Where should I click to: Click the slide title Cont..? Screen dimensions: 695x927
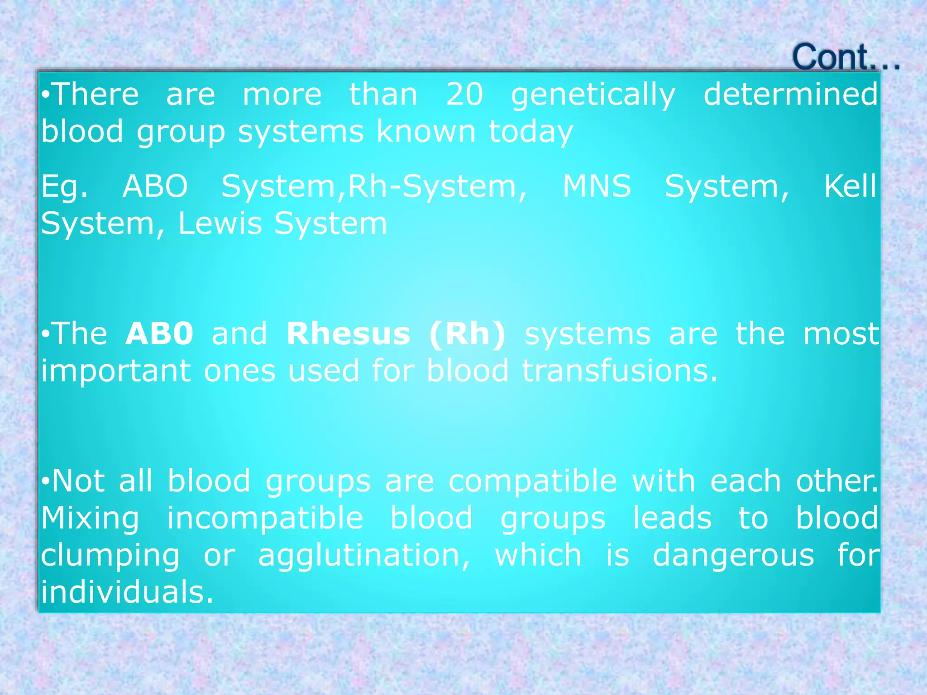(845, 58)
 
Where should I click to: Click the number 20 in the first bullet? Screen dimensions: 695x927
(464, 95)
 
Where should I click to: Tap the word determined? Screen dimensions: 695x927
(790, 95)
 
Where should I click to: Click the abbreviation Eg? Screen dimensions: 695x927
(64, 187)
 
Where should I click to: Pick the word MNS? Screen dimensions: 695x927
(597, 186)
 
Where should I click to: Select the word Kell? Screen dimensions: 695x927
(850, 186)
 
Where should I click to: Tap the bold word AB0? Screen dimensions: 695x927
(159, 334)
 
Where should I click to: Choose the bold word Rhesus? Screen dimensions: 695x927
(348, 334)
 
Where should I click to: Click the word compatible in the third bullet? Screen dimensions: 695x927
(532, 481)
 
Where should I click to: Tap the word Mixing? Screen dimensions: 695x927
(90, 519)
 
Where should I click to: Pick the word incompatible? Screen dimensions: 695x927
(265, 519)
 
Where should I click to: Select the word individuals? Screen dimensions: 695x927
(127, 593)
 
